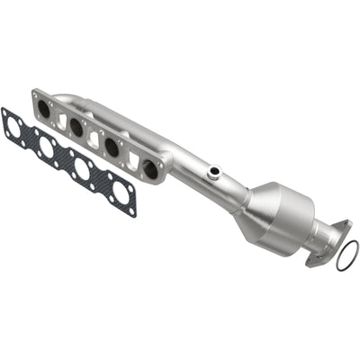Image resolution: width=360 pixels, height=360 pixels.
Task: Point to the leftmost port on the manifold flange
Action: click(45, 108)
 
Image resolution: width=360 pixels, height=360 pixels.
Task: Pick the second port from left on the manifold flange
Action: click(76, 128)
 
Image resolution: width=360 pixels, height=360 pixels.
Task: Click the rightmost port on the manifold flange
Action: click(149, 168)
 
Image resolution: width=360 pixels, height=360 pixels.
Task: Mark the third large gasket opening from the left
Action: click(84, 169)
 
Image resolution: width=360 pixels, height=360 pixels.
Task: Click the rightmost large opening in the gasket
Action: click(119, 191)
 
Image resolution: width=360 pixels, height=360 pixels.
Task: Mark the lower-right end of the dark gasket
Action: click(131, 208)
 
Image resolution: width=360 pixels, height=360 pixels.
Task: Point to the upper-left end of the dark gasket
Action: click(7, 114)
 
